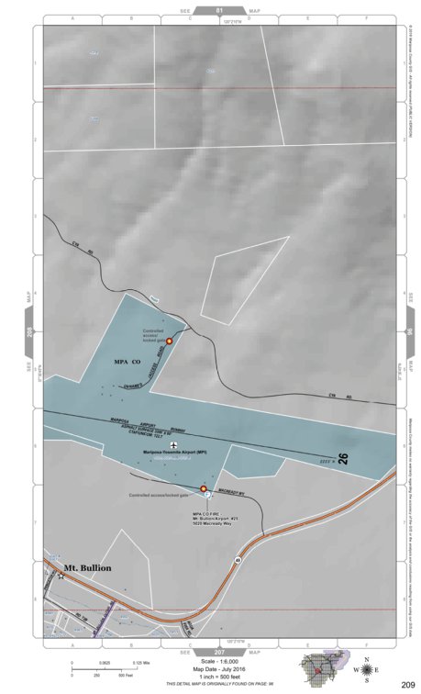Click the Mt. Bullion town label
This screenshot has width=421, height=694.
point(87,568)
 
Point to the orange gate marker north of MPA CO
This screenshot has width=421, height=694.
point(169,341)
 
